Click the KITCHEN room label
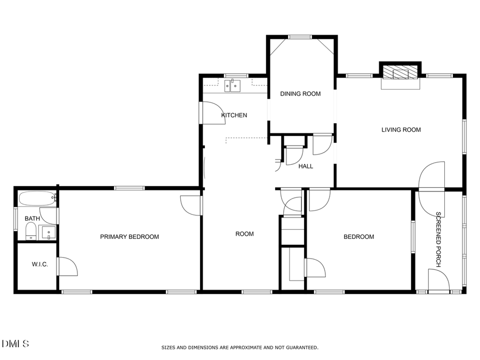tap(234, 115)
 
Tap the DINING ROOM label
tap(301, 94)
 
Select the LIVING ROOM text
tap(401, 130)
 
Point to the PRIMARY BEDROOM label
tap(130, 237)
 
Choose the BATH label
tap(32, 219)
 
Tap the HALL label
tap(306, 166)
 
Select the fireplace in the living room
tap(400, 74)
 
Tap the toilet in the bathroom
tap(31, 231)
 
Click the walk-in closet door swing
tap(67, 267)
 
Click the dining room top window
tap(300, 37)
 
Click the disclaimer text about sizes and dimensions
tap(240, 348)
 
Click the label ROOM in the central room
tap(245, 234)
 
